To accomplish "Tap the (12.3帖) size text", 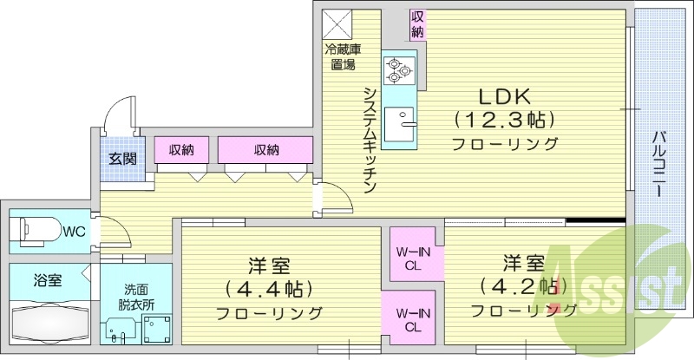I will pyautogui.click(x=504, y=119).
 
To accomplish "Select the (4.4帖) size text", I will pyautogui.click(x=268, y=288).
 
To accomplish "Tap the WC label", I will pyautogui.click(x=75, y=231).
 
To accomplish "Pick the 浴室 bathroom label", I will pyautogui.click(x=48, y=280).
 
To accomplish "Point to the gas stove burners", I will pyautogui.click(x=400, y=69).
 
